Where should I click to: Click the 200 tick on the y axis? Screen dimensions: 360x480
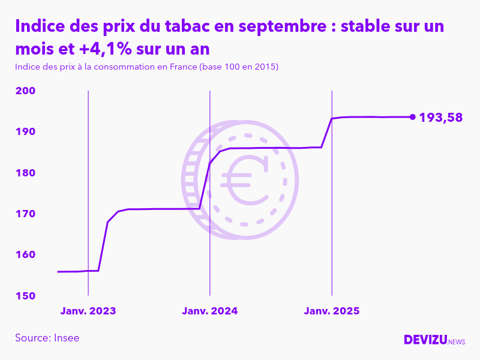[26, 91]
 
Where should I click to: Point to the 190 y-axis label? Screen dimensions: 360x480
[26, 132]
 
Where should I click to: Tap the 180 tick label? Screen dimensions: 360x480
[26, 173]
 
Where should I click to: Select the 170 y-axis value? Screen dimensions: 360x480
[26, 214]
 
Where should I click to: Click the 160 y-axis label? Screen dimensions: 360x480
[26, 255]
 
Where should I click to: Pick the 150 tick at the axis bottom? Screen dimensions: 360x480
[26, 296]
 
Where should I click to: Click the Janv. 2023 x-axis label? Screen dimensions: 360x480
[88, 311]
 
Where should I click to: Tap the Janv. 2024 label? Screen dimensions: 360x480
[210, 311]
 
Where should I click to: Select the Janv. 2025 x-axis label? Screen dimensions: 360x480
[332, 311]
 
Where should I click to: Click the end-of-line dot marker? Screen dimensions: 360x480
[412, 117]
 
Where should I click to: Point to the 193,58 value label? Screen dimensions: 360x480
[441, 118]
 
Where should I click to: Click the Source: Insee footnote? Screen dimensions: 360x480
[47, 338]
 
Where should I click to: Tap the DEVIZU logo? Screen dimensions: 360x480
[426, 340]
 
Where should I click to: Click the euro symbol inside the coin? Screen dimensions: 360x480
[245, 179]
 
